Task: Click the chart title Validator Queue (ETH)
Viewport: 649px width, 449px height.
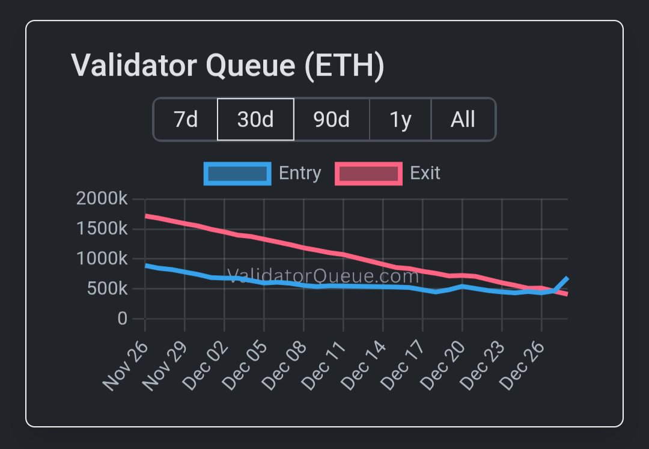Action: tap(227, 66)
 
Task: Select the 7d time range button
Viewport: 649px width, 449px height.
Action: tap(186, 120)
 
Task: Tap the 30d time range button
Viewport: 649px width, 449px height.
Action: tap(255, 120)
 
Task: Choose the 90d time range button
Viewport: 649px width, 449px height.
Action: tap(331, 120)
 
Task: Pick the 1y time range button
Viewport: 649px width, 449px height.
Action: tap(400, 120)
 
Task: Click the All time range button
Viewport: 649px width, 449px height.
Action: tap(463, 120)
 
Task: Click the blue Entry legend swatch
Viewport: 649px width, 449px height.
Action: tap(237, 174)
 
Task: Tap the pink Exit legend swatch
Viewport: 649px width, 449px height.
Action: tap(368, 174)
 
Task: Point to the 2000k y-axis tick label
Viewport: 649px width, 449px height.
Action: tap(102, 199)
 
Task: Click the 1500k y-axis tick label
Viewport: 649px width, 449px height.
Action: tap(102, 229)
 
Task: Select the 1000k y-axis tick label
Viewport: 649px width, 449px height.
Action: tap(102, 259)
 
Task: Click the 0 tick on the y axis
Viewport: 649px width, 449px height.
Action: tap(122, 319)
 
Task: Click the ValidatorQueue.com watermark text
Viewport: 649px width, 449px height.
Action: tap(323, 276)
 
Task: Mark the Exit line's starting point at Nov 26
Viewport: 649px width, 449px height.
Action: tap(146, 215)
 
